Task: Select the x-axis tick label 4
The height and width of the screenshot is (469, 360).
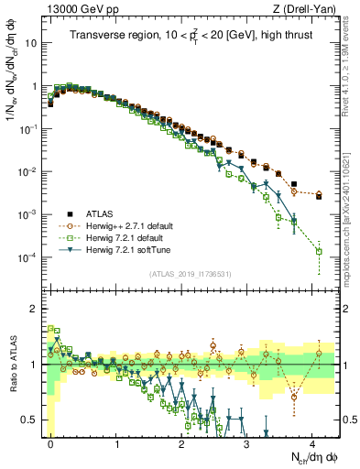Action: click(x=313, y=442)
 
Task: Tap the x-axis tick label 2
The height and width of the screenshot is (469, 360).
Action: click(x=182, y=442)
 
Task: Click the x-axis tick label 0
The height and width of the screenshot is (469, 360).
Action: click(x=51, y=442)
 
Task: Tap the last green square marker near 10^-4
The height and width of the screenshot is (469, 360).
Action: click(x=320, y=251)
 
